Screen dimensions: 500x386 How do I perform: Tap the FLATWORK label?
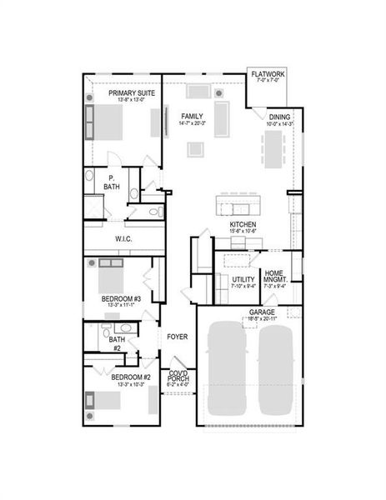pos(267,75)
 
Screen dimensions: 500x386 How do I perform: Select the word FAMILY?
pos(193,116)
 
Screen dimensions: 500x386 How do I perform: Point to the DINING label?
pos(279,117)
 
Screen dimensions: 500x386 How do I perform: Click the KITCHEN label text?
pos(243,225)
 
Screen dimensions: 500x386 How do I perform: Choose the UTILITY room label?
pos(243,280)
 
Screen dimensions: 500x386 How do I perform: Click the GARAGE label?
pos(250,312)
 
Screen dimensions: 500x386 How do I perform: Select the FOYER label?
pos(176,337)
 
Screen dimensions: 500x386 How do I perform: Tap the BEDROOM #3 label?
pos(122,298)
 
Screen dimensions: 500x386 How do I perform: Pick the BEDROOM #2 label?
pos(129,377)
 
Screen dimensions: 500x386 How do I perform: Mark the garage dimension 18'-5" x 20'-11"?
pos(250,318)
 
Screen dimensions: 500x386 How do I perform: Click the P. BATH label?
pos(111,182)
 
